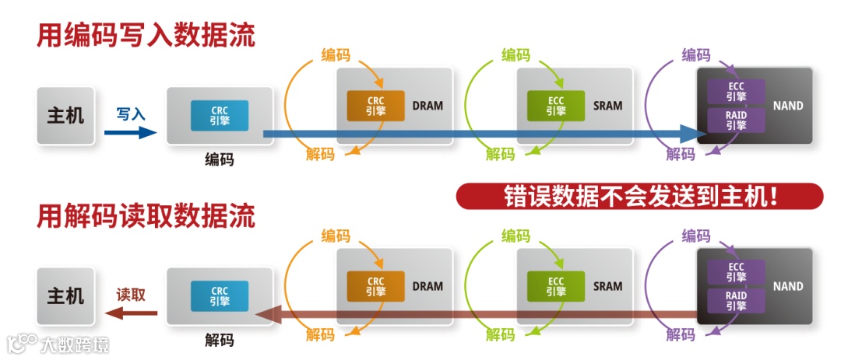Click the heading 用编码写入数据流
click(146, 36)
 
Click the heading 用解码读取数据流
click(146, 216)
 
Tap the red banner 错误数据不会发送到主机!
click(639, 197)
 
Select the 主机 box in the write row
click(65, 116)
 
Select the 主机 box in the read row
click(65, 296)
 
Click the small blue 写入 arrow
click(131, 132)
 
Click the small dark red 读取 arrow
click(131, 313)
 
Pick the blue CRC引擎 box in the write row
click(220, 115)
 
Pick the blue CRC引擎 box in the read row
click(220, 295)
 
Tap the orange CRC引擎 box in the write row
click(376, 106)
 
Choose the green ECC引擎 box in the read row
click(556, 286)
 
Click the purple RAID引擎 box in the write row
click(736, 121)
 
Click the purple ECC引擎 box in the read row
click(736, 271)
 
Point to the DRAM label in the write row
click(428, 106)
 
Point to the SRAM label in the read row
click(608, 286)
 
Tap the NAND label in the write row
click(788, 106)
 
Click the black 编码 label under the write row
click(220, 159)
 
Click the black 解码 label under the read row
click(220, 340)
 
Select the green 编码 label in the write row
click(516, 55)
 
